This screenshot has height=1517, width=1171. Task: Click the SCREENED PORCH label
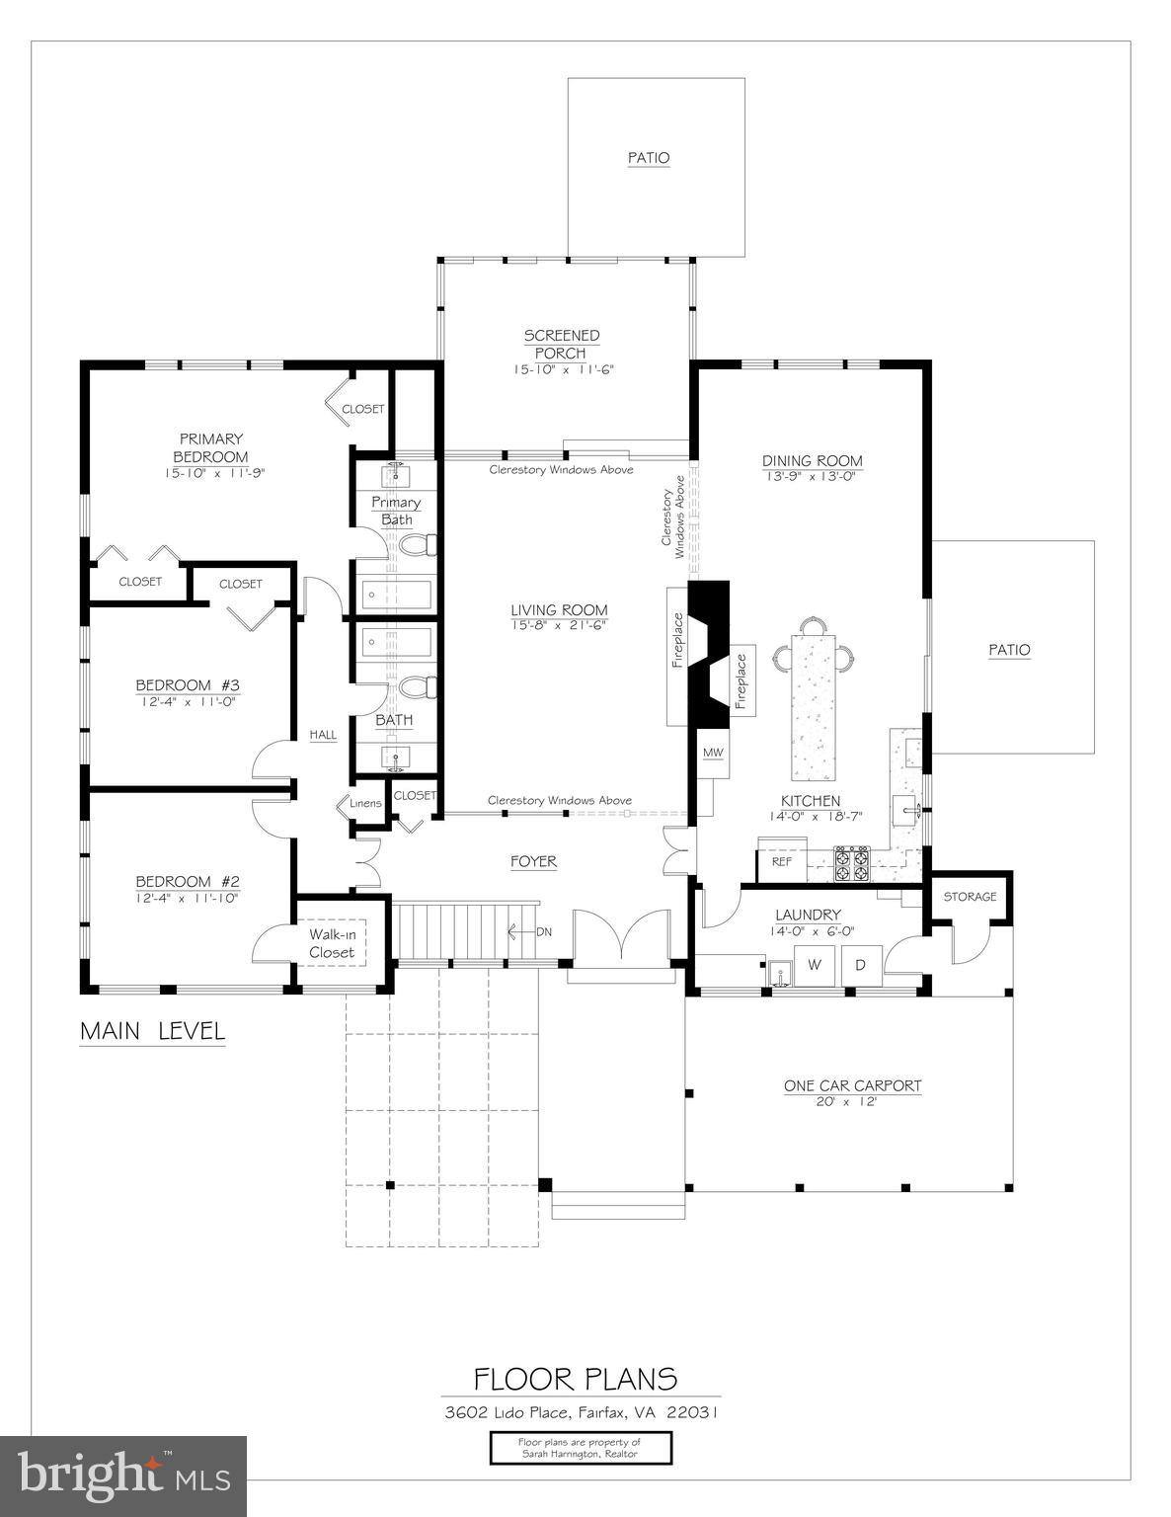pos(561,345)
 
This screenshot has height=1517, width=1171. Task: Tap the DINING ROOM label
pos(812,461)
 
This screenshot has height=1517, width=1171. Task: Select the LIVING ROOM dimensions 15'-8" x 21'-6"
pos(559,625)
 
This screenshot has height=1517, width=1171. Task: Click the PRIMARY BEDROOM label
pos(211,447)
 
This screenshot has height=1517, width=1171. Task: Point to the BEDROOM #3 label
pos(188,685)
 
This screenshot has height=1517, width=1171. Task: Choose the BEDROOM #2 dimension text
pos(188,898)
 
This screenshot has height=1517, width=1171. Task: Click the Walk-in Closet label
pos(332,943)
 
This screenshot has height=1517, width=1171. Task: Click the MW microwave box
pos(713,754)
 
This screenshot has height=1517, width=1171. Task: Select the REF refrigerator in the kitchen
pos(782,861)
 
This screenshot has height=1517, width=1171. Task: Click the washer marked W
pos(815,965)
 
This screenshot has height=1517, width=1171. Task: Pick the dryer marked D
pos(860,965)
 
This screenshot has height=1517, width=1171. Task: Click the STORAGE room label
pos(970,897)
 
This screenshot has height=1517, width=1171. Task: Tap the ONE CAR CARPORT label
pos(852,1085)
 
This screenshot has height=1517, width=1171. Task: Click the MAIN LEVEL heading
pos(152,1031)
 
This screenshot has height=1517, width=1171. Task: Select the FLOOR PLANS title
pos(576,1379)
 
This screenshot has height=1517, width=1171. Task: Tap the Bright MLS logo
pos(123,1476)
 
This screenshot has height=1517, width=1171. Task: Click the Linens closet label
pos(365,803)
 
